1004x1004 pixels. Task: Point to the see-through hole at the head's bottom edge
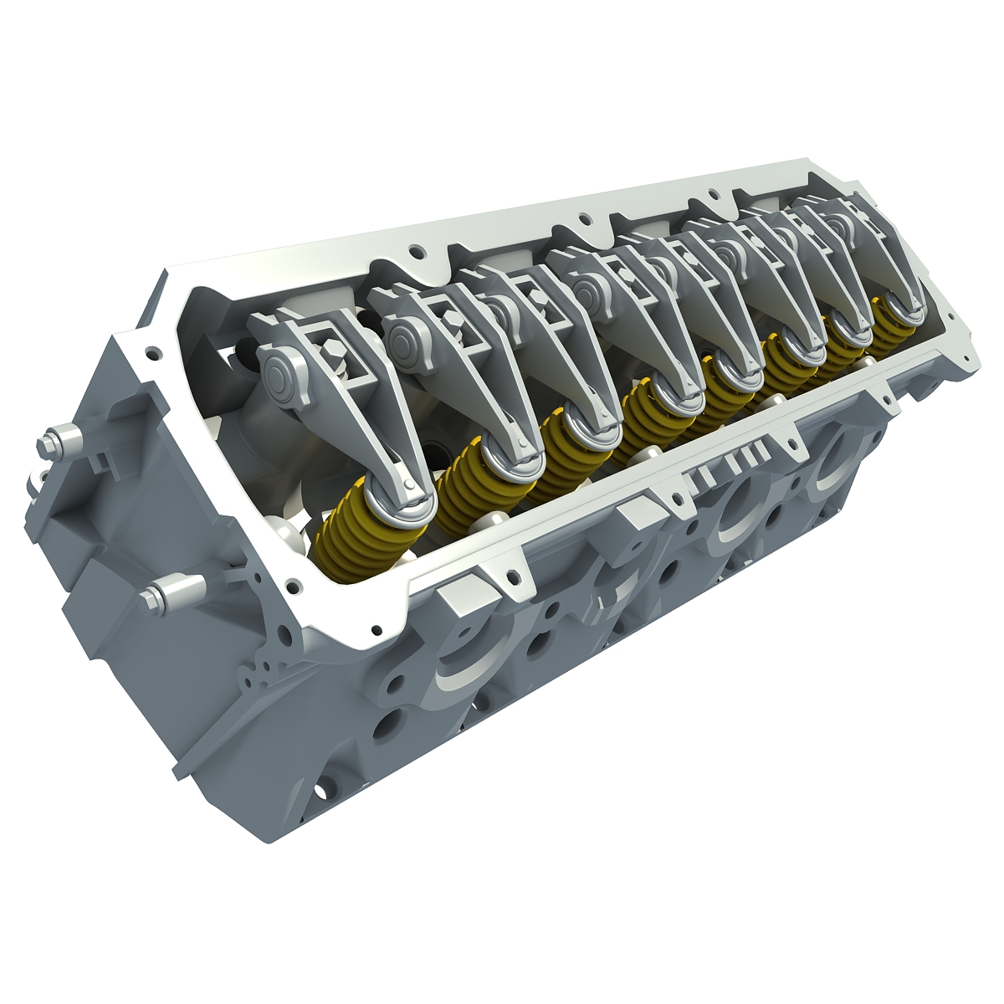(320, 789)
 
